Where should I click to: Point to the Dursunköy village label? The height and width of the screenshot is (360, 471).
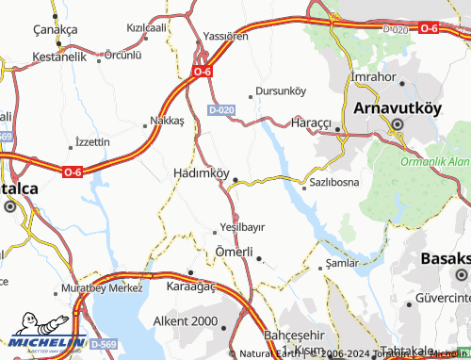coord(281,91)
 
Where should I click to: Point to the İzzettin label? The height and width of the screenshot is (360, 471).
coord(91,141)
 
